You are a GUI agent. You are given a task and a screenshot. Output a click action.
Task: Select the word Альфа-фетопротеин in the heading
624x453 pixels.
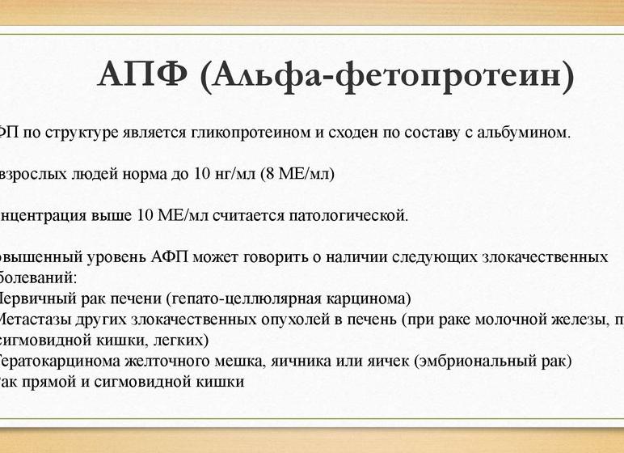pos(392,77)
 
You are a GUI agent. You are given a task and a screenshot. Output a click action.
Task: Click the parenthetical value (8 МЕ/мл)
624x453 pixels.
pos(297,174)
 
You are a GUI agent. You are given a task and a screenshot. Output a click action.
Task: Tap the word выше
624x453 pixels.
pos(114,216)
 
